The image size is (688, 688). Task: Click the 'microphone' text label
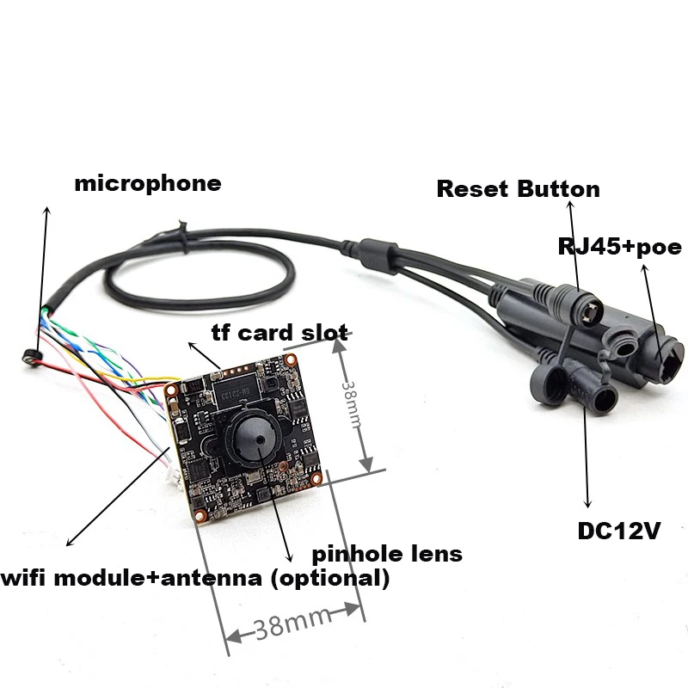pos(148,184)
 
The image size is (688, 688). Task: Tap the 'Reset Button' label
pos(519,189)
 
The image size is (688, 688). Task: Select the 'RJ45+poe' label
pos(619,247)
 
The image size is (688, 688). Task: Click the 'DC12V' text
pos(619,531)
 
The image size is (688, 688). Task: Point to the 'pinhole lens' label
pos(387,555)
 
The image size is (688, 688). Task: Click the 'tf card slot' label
pos(280,333)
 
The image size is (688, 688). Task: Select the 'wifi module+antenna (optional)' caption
pos(195,578)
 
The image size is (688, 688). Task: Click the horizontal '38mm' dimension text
pos(292,623)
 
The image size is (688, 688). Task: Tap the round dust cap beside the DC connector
pos(549,383)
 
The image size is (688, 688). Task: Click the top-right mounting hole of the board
pos(290,360)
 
